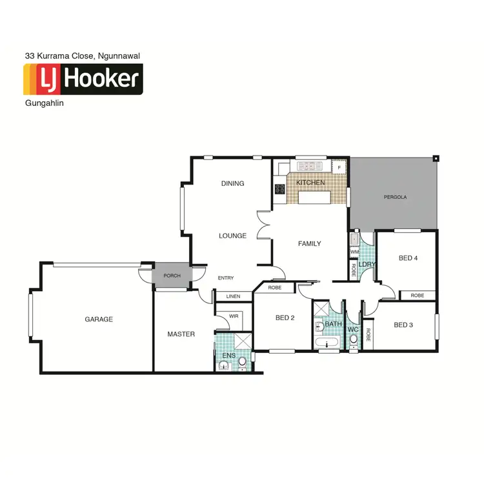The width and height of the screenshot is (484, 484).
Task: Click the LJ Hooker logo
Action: pos(83,79)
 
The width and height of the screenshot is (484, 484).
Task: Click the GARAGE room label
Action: pos(99,319)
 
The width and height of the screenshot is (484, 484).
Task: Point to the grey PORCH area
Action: pos(172,276)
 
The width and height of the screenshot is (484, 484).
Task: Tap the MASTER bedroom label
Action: pos(181,334)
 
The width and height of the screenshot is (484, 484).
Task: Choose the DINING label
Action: pos(232,183)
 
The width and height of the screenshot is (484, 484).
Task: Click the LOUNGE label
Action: pos(232,236)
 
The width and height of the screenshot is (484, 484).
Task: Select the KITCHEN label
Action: pos(310,183)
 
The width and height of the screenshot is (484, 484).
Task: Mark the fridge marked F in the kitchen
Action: pos(339,167)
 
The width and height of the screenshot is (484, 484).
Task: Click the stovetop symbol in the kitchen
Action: pos(281,189)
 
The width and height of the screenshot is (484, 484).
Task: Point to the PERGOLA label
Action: pos(395,197)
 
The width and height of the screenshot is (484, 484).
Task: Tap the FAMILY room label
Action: pos(309,243)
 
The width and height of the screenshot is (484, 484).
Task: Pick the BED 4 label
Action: pos(408,258)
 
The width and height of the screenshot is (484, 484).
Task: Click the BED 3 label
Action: pos(403,325)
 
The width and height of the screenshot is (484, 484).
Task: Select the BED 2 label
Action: pos(285,317)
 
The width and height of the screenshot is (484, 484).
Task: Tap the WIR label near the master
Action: pos(234,316)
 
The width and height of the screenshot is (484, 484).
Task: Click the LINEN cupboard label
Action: pos(233,296)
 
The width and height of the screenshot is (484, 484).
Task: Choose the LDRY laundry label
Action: pos(367,264)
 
